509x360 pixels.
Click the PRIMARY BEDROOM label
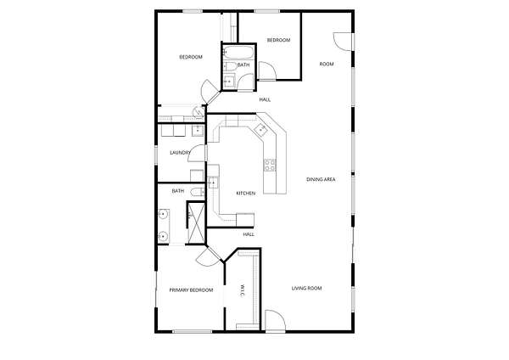[x=191, y=290]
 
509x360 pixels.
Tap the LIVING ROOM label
[x=307, y=288]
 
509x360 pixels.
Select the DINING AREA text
[x=321, y=179]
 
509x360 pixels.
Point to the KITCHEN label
[x=246, y=194]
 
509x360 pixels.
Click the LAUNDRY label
[x=180, y=152]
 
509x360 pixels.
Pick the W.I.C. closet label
[x=242, y=290]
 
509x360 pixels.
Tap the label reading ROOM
[x=327, y=64]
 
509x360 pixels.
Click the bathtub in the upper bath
[x=238, y=52]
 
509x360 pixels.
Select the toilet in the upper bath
[x=231, y=66]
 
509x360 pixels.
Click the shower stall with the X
[x=197, y=223]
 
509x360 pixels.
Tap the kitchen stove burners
[x=270, y=165]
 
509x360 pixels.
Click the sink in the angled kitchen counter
[x=260, y=130]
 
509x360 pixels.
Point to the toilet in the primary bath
[x=198, y=192]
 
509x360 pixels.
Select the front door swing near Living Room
[x=275, y=320]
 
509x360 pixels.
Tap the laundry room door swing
[x=197, y=153]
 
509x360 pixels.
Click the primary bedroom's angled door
[x=209, y=256]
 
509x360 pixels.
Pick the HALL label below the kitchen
[x=249, y=234]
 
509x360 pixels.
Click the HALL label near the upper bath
[x=265, y=99]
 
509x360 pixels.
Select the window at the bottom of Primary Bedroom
[x=193, y=331]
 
